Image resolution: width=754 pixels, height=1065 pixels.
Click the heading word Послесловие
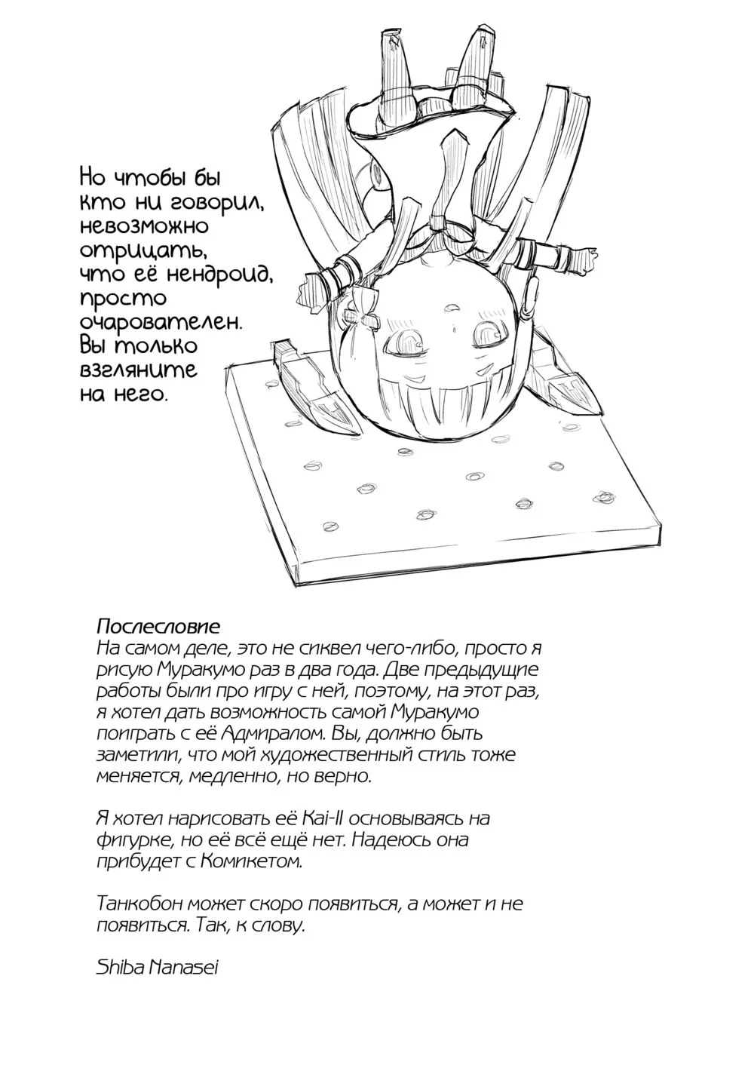tap(158, 627)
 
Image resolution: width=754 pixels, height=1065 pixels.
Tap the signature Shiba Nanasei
tap(158, 968)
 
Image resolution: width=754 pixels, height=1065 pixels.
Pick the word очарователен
tap(161, 322)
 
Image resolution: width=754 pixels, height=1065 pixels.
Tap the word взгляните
tap(138, 370)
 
